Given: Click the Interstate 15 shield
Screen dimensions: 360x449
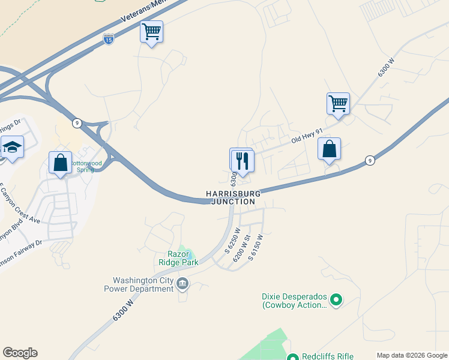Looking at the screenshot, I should coord(108,39).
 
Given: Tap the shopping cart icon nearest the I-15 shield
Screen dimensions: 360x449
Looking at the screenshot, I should coord(152,31).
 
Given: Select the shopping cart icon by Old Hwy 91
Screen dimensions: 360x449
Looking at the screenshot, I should coord(339,103).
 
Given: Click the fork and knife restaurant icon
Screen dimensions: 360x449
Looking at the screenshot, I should coord(243,161).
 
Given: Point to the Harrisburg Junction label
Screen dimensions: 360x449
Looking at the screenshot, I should coord(234,197).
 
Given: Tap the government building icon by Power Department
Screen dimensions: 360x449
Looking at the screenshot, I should coord(183,283).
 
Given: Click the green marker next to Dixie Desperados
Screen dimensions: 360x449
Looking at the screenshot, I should coord(337,298).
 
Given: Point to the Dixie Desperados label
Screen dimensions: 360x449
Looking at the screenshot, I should coord(294,301).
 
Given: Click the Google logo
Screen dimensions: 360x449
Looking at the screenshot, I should coord(20,353).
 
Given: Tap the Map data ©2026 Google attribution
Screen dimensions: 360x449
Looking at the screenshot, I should coord(412,355).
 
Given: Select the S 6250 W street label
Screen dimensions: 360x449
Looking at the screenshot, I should coord(233,240).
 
